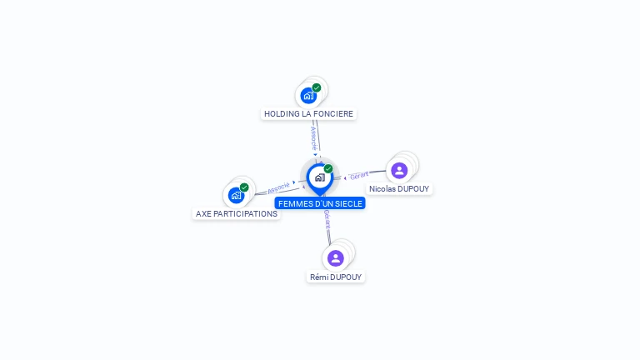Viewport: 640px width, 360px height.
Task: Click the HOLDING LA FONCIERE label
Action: point(308,113)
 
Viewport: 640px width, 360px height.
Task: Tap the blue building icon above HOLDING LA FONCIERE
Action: point(308,95)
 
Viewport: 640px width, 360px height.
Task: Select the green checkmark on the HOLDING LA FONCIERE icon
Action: point(317,87)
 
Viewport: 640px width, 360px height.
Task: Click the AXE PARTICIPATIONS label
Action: point(236,213)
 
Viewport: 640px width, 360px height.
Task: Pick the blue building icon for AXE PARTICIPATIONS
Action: point(236,196)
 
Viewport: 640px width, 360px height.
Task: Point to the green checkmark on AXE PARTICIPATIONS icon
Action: point(244,187)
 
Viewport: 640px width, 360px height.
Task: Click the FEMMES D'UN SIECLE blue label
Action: point(320,202)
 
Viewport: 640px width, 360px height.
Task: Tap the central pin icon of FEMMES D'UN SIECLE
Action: point(319,177)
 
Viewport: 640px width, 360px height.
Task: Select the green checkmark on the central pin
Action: point(328,169)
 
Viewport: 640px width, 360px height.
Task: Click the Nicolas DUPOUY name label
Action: point(399,189)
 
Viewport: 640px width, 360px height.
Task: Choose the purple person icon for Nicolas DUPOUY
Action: point(399,170)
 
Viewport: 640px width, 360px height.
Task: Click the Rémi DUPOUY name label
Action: point(336,277)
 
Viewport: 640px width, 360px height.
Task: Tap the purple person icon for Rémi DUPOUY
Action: point(336,258)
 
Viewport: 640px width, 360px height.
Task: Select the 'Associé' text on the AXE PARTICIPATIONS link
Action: point(278,187)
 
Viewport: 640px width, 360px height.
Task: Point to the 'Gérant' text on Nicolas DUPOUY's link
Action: point(359,176)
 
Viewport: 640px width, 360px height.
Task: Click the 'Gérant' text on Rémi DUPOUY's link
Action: point(327,219)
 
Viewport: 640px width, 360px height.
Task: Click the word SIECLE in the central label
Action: point(348,202)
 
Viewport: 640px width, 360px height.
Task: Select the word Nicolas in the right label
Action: point(382,189)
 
